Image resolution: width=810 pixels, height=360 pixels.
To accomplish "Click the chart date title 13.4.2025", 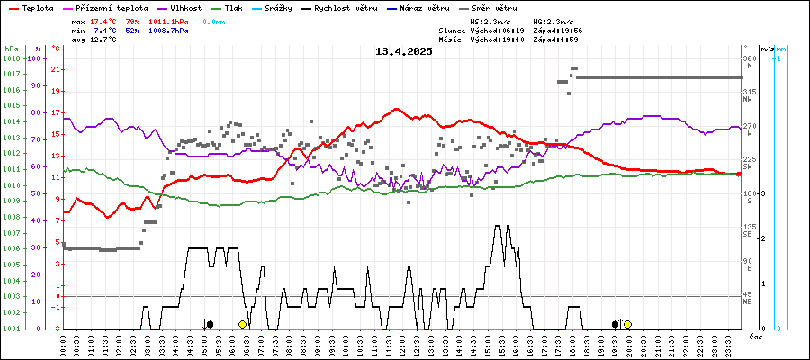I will click(x=404, y=51).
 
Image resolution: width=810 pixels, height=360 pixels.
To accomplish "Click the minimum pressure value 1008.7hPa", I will click(x=169, y=31).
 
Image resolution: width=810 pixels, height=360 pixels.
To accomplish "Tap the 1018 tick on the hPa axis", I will click(x=12, y=58).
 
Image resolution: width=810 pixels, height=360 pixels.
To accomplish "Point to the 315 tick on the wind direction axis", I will click(x=748, y=92).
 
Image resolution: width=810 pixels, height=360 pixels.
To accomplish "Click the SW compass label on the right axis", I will click(x=747, y=167).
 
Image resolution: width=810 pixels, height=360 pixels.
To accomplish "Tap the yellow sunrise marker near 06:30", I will click(x=242, y=324).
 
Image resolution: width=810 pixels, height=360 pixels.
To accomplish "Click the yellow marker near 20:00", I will click(x=627, y=324).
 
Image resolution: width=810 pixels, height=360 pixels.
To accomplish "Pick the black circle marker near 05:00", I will click(x=210, y=324).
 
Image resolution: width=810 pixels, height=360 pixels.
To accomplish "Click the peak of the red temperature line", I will click(x=397, y=109).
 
